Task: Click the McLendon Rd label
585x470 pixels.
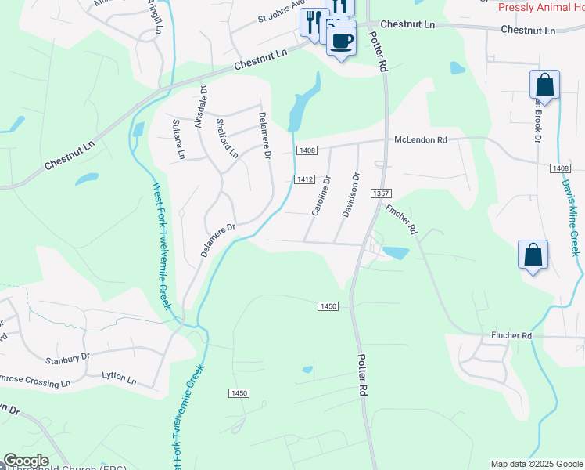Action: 420,139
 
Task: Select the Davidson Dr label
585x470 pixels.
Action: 350,195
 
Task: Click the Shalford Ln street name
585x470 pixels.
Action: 225,137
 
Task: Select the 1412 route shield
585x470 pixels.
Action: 305,179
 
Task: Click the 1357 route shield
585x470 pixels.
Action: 382,193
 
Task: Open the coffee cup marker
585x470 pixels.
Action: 341,40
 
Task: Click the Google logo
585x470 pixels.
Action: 26,461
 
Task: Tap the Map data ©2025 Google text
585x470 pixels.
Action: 536,464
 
